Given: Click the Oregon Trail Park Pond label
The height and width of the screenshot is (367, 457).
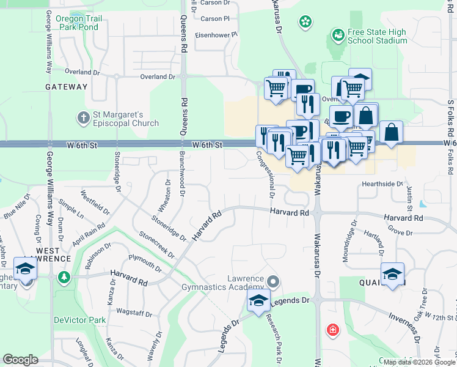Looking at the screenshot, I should (x=77, y=23).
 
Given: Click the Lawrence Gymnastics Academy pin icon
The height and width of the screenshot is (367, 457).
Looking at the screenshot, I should (x=272, y=282).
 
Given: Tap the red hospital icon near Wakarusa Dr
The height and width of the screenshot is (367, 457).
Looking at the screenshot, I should (x=332, y=330).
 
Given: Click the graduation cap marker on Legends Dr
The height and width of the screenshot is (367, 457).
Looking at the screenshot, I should (x=258, y=301).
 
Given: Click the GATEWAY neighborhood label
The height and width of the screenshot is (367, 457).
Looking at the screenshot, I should (x=67, y=87).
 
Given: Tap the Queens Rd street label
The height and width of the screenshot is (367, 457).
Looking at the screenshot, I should (x=183, y=37).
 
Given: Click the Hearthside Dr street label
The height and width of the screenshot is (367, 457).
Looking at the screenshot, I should (x=382, y=183).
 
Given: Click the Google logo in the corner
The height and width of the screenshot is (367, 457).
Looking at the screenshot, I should (x=21, y=360).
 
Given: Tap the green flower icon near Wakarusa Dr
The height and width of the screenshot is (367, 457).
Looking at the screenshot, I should (x=304, y=22).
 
